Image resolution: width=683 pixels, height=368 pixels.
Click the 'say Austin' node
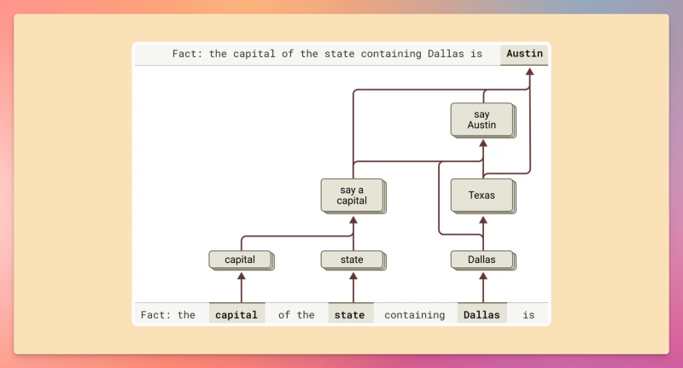pos(482,120)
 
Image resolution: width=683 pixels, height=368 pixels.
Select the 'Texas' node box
pos(482,196)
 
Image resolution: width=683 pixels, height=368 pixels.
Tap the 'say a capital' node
pos(353,196)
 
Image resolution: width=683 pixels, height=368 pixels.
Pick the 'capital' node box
pos(240,259)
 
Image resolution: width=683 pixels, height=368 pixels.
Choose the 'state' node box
pos(353,259)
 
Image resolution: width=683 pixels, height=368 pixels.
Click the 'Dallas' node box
pos(482,259)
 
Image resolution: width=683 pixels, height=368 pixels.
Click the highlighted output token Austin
pos(524,54)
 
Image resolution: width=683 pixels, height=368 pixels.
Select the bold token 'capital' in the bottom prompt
pos(236,314)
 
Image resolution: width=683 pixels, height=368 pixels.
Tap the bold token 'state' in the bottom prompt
pos(350,314)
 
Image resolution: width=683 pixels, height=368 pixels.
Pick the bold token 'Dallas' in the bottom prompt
pos(482,314)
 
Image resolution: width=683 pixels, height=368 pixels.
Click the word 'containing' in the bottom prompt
pos(414,314)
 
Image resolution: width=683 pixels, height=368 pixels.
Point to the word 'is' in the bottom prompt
pos(528,314)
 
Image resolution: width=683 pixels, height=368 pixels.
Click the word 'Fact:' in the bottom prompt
pos(156,314)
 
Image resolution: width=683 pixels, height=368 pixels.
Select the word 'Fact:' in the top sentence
pos(187,54)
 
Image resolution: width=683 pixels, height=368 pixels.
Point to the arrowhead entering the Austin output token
pos(529,72)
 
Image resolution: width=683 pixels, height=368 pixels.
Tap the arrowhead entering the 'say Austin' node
pos(482,142)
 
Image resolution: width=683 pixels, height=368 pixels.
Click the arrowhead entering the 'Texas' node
pos(482,218)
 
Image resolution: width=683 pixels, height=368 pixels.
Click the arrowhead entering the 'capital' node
pos(241,276)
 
